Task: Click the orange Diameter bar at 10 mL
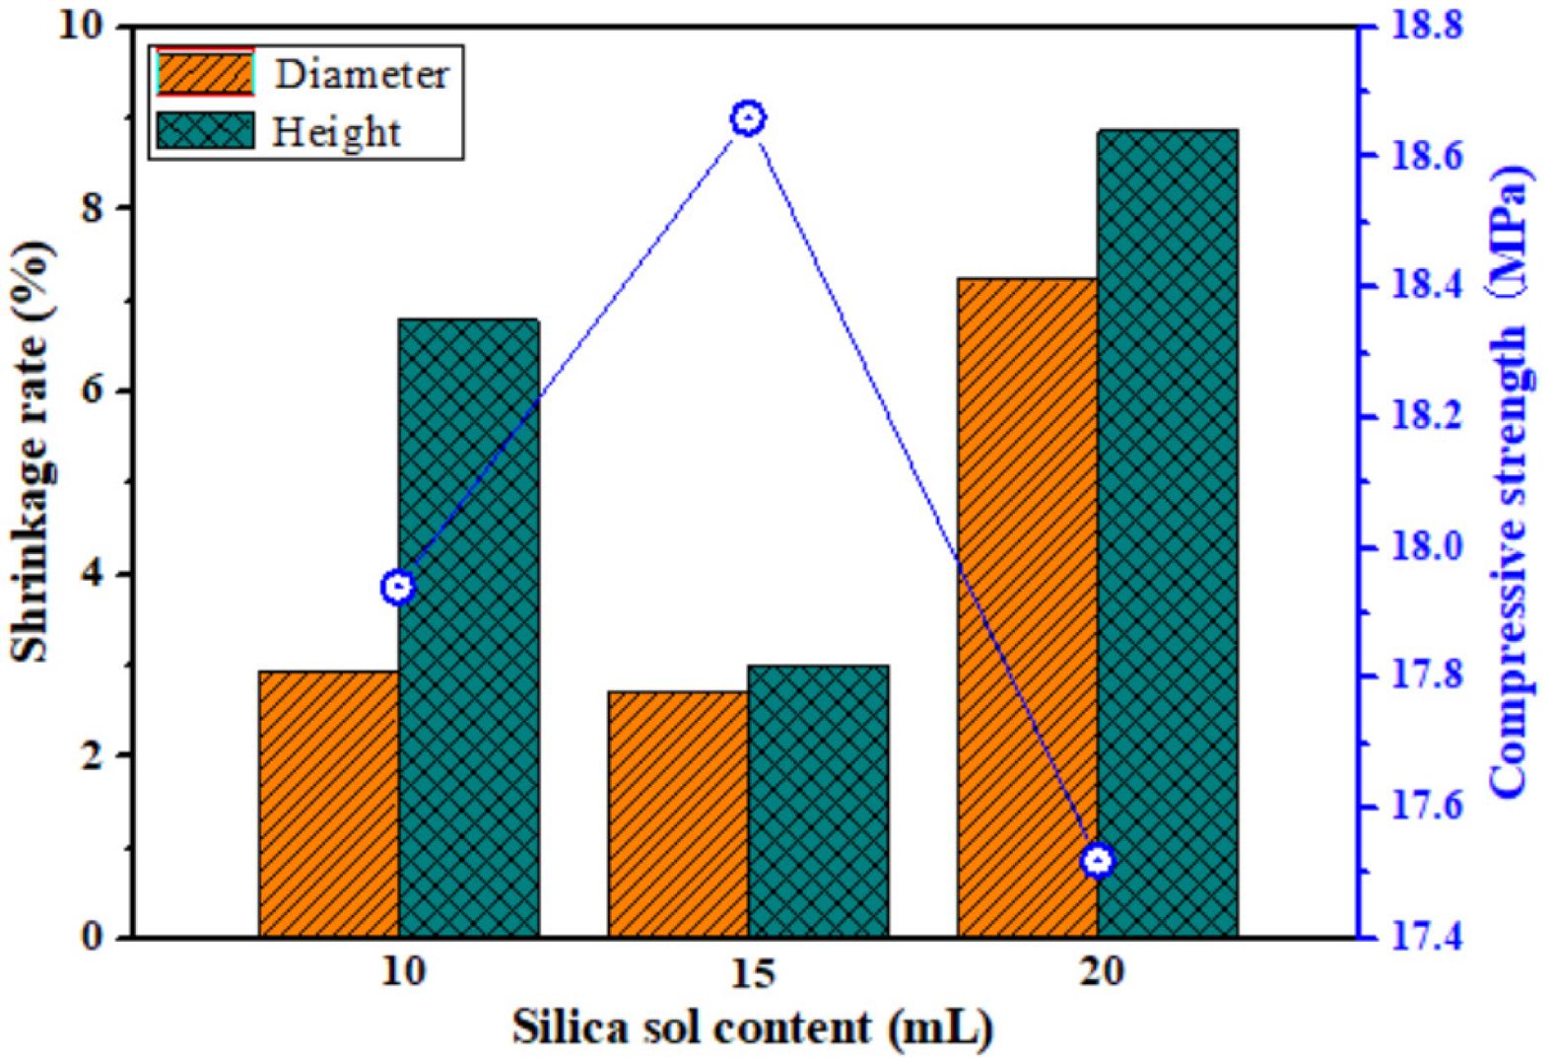tap(328, 804)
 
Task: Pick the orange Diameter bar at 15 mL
tap(678, 813)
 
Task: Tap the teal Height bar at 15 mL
tap(818, 801)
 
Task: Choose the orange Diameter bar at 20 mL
tap(1028, 606)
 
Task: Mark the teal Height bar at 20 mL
tap(1168, 532)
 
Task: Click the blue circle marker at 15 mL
tap(748, 118)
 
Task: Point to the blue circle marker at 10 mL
tap(398, 588)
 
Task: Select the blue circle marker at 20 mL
tap(1098, 861)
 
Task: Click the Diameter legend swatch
tap(205, 74)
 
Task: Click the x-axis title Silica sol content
tap(752, 1027)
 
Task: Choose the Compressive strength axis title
tap(1509, 483)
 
